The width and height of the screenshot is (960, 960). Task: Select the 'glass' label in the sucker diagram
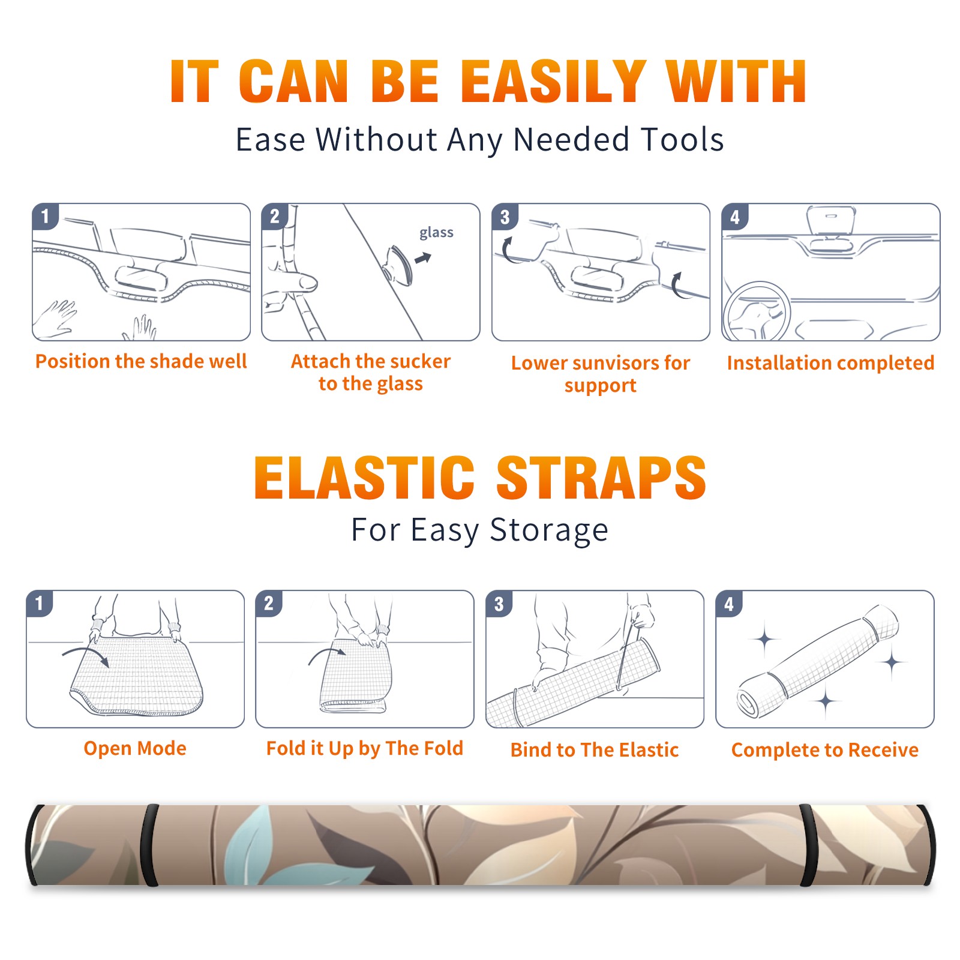[436, 233]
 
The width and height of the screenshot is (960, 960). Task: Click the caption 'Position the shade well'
[141, 361]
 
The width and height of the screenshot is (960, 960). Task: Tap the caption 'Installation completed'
[830, 363]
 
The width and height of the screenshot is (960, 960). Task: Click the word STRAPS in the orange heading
[601, 478]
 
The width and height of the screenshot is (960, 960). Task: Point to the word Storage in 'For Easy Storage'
[549, 530]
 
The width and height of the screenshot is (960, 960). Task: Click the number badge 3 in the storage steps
[499, 604]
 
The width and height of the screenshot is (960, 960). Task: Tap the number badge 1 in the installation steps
[46, 216]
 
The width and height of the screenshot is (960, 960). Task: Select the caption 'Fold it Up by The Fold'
[365, 749]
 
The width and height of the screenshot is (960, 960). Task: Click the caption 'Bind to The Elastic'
[595, 750]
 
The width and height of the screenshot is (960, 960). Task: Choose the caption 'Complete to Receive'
[825, 750]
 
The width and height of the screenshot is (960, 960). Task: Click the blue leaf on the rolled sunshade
[252, 843]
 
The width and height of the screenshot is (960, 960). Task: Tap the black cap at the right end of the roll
[928, 845]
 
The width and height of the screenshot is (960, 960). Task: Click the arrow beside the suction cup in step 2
[423, 259]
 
